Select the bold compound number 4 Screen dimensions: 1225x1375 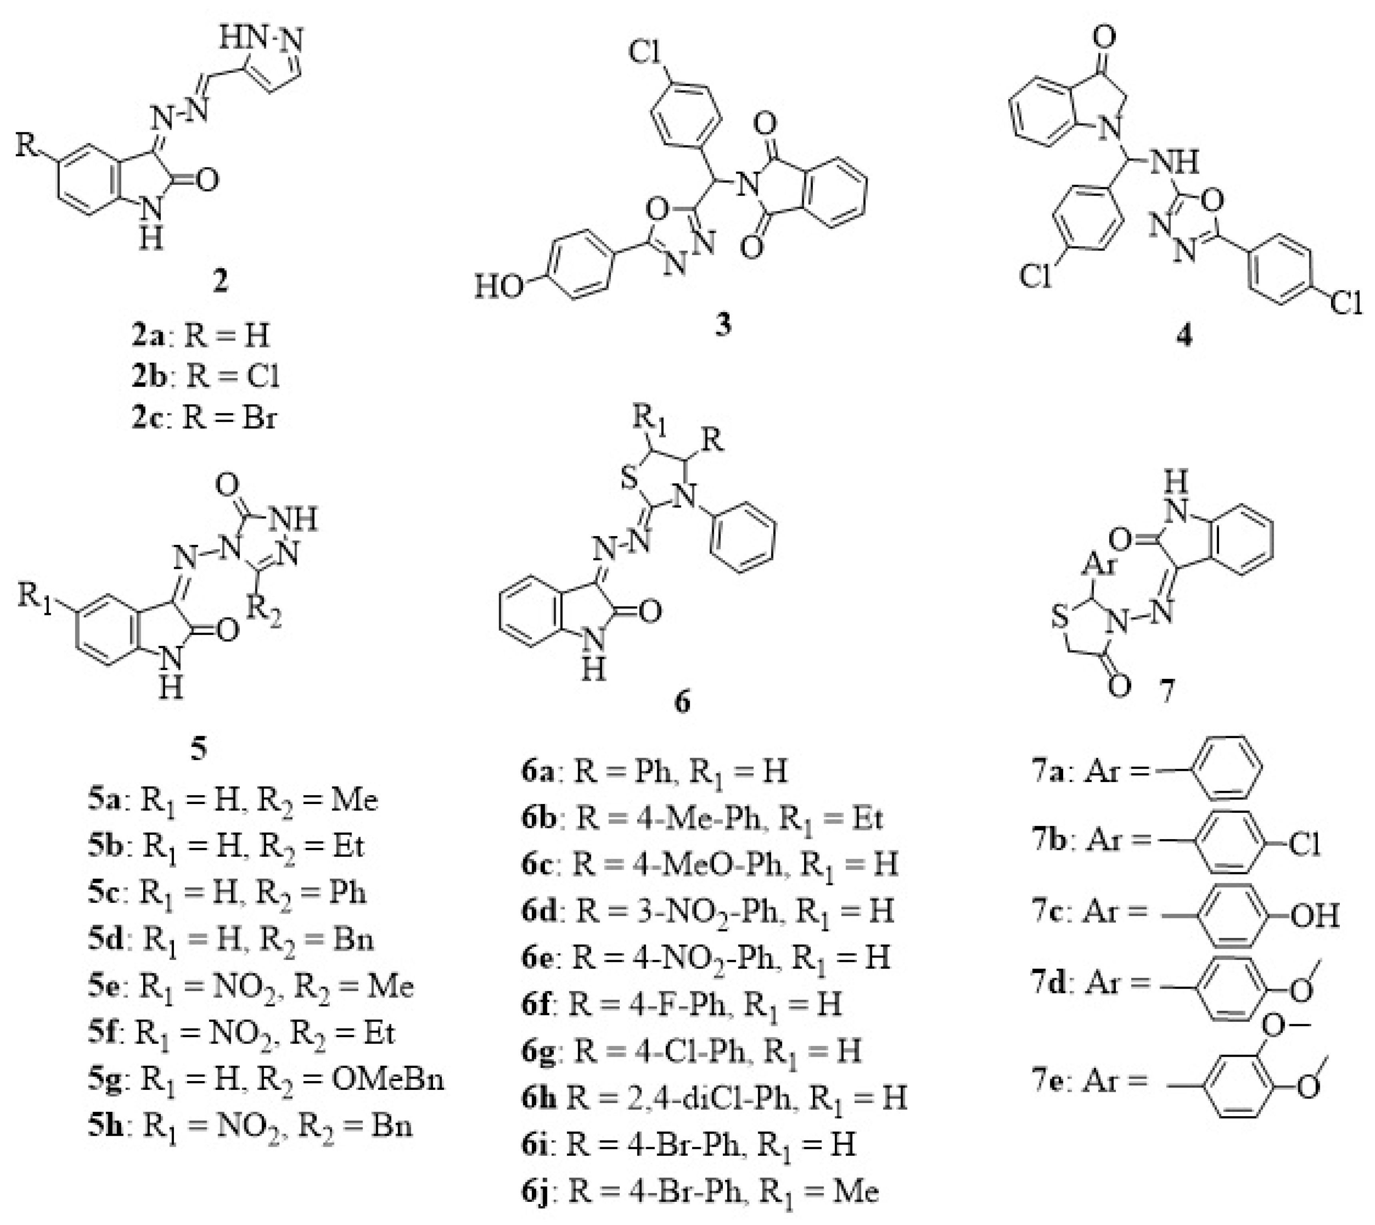1184,335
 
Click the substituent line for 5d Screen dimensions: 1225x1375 231,939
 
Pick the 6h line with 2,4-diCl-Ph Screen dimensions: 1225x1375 714,1098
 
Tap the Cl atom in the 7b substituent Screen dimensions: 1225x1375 1304,843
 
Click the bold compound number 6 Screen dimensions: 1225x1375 681,703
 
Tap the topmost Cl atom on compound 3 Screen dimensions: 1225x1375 645,52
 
